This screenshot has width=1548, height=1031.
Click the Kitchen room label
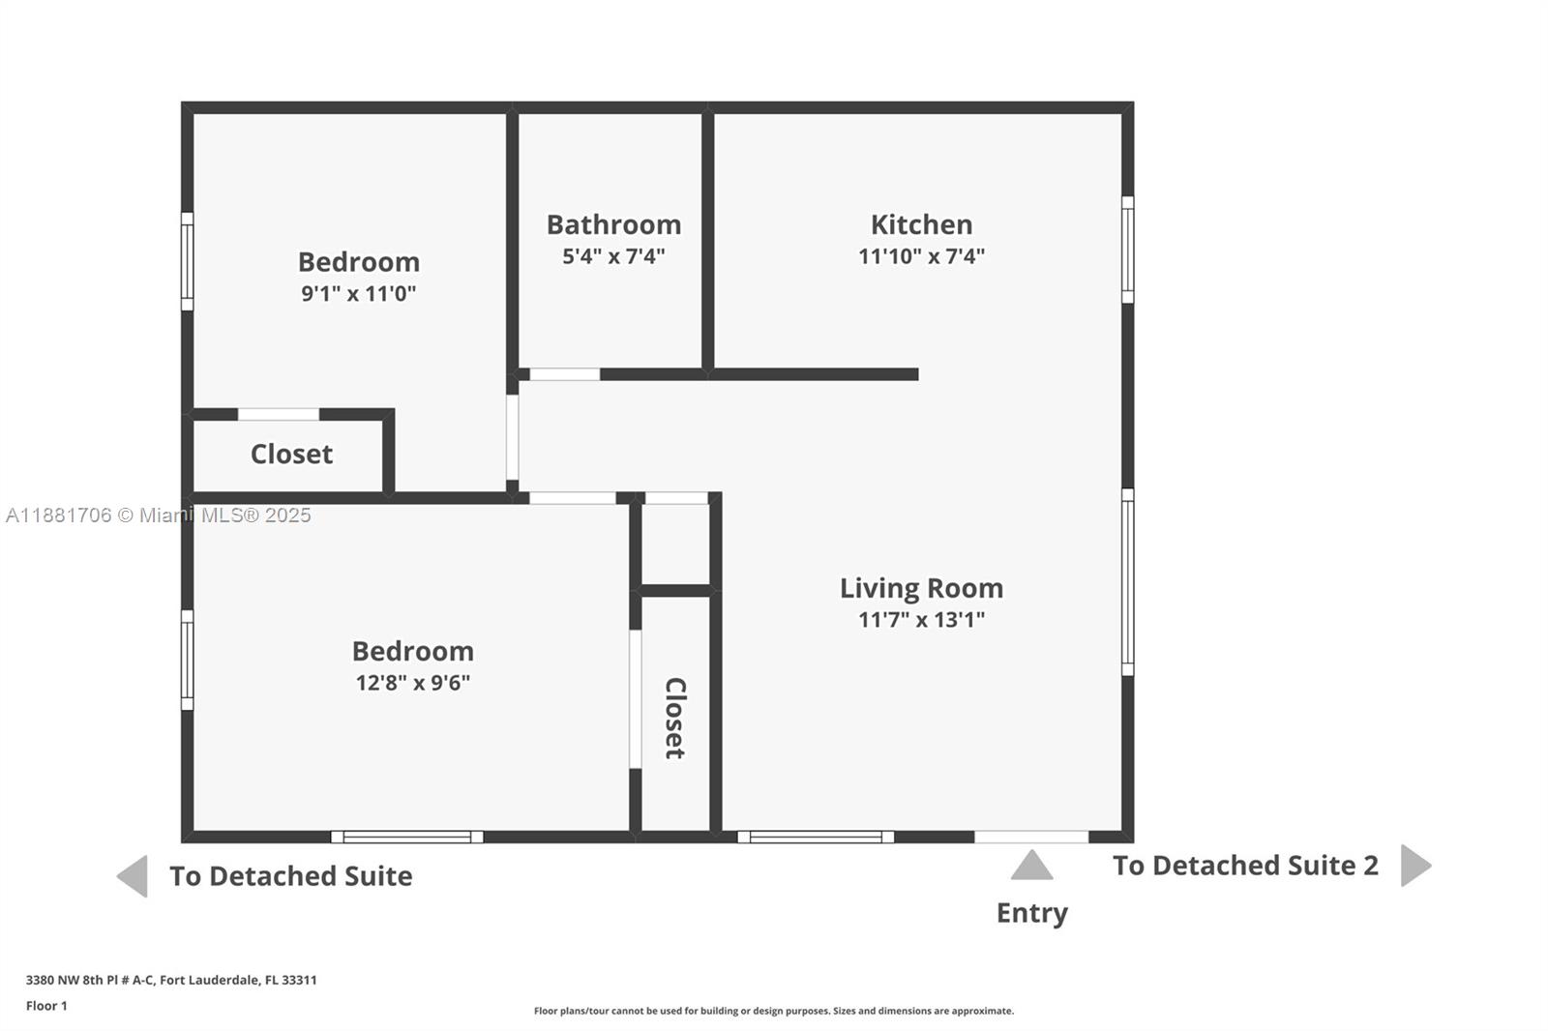tap(921, 224)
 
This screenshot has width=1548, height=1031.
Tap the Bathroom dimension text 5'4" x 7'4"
tap(613, 256)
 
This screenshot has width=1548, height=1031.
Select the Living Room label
tap(921, 588)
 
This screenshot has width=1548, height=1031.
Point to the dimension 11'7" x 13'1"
tap(921, 620)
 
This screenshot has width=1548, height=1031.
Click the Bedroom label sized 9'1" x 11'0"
tap(358, 262)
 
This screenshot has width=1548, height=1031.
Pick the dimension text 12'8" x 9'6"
tap(412, 683)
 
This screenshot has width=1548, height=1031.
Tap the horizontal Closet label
tap(291, 454)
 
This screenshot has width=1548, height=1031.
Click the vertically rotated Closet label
tap(675, 718)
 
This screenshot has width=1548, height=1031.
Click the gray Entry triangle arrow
tap(1031, 866)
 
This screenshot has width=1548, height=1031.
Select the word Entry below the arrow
tap(1031, 913)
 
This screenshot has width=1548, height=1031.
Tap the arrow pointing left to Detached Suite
tap(133, 876)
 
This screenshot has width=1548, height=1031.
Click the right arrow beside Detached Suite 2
tap(1414, 865)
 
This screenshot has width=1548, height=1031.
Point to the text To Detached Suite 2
tap(1245, 866)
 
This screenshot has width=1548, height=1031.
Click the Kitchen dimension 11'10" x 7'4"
tap(921, 256)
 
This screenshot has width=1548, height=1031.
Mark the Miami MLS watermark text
tap(159, 515)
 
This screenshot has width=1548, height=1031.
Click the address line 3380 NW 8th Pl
tap(171, 980)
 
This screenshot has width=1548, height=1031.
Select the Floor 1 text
tap(46, 1006)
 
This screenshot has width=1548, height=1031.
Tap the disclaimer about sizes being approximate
tap(774, 1011)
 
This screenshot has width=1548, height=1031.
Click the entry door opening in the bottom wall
tap(1031, 837)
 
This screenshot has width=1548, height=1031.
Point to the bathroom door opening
tap(564, 374)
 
